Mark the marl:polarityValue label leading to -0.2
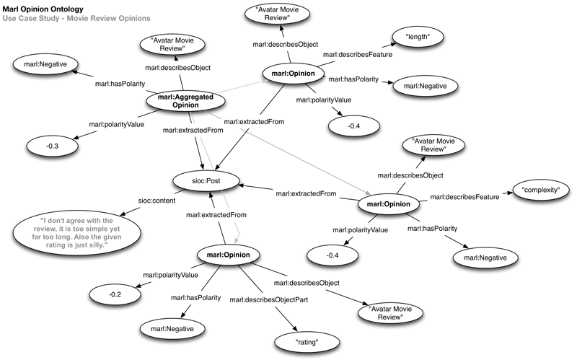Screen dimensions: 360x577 [170, 275]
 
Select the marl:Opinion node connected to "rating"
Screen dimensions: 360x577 [229, 256]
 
